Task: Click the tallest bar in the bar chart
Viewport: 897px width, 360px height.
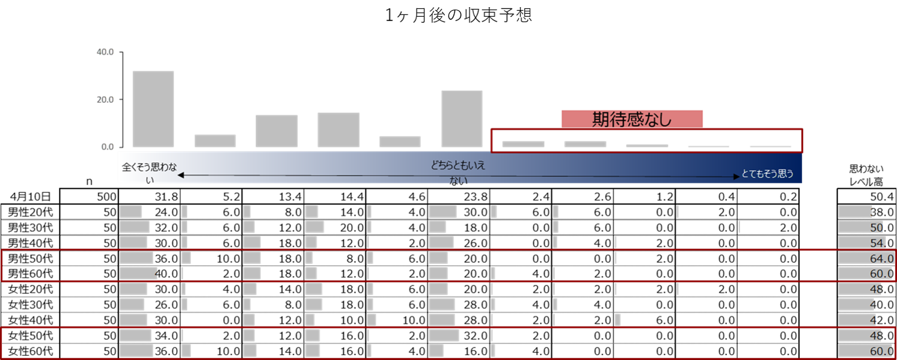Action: tap(153, 109)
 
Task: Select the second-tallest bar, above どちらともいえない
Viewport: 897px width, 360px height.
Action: tap(462, 118)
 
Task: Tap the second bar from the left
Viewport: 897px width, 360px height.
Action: tap(215, 141)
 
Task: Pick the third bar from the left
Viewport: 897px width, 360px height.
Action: tap(277, 130)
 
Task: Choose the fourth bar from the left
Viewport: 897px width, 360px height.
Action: tap(338, 129)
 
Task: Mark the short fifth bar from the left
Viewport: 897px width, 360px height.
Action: tap(400, 141)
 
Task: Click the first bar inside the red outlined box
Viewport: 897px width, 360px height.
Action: tap(523, 144)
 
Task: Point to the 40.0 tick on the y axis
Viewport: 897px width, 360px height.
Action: tap(105, 52)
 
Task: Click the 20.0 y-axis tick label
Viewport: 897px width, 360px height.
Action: tap(105, 99)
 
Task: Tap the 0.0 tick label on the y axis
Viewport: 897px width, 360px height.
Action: tap(107, 147)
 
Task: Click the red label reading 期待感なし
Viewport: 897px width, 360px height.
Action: tap(632, 119)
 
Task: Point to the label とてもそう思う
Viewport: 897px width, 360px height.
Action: tap(768, 174)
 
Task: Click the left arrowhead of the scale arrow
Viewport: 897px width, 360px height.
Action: tap(180, 175)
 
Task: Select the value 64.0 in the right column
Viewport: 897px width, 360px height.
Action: tap(882, 258)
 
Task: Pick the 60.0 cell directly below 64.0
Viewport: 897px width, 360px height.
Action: tap(882, 274)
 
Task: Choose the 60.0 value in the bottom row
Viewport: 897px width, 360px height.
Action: tap(882, 352)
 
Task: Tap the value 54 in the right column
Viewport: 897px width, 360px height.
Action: tap(878, 243)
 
